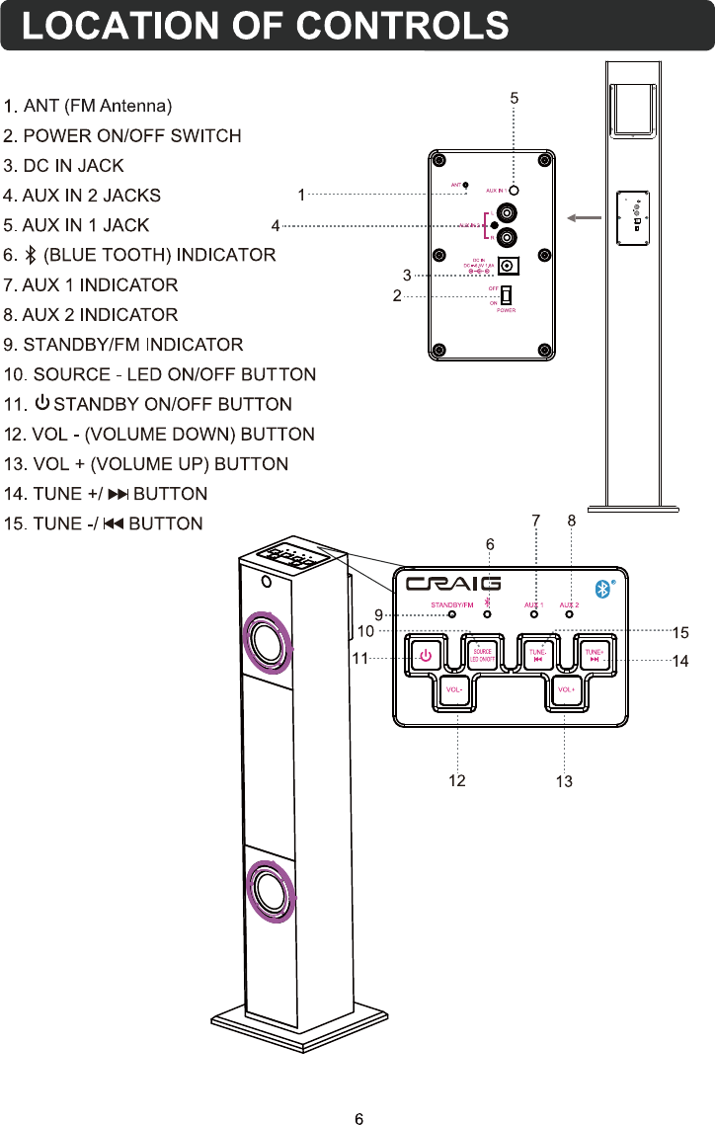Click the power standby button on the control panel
click(x=426, y=655)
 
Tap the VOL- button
click(x=455, y=689)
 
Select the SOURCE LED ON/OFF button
click(x=481, y=655)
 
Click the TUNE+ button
click(x=594, y=655)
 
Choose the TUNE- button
click(x=538, y=655)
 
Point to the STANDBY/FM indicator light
click(x=452, y=614)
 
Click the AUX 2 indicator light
click(x=570, y=614)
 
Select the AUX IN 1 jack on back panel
click(x=515, y=189)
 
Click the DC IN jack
click(x=509, y=266)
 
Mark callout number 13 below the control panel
click(x=564, y=782)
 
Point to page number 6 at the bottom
click(x=359, y=1091)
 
